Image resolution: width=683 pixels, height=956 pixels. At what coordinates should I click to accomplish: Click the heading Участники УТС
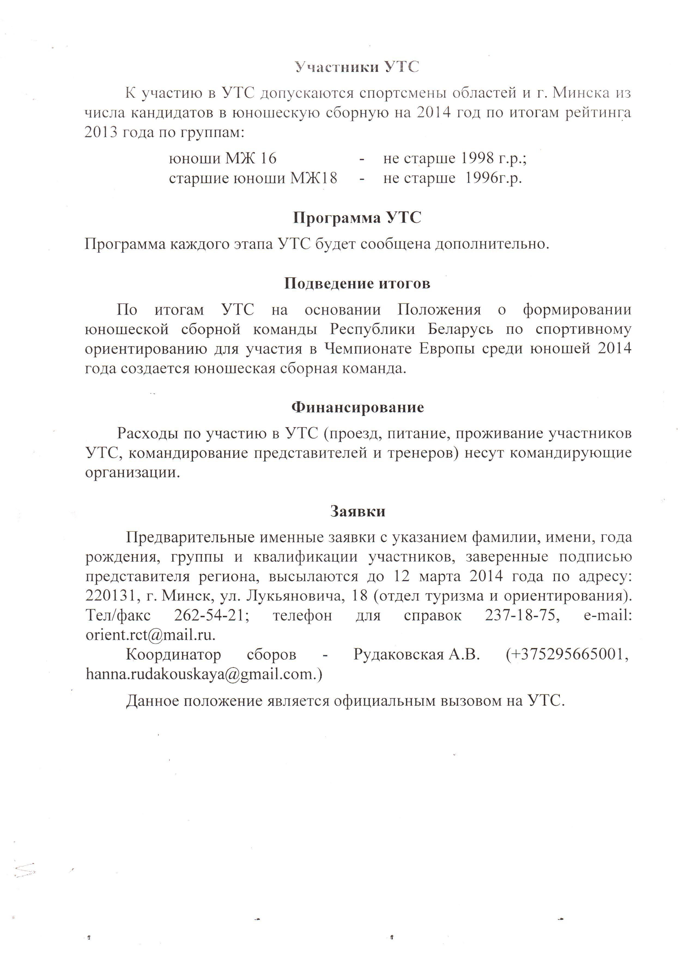(x=356, y=67)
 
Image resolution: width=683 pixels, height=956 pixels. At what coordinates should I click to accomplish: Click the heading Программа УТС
(x=357, y=218)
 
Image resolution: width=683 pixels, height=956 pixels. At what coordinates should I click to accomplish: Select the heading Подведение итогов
(x=357, y=283)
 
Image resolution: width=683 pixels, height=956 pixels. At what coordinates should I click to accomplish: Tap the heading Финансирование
(x=357, y=407)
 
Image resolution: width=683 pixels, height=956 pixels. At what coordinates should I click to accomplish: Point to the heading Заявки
(x=357, y=511)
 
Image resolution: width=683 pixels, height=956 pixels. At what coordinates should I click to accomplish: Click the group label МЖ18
(x=314, y=178)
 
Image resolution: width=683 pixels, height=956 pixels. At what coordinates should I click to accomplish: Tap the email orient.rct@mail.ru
(x=150, y=634)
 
